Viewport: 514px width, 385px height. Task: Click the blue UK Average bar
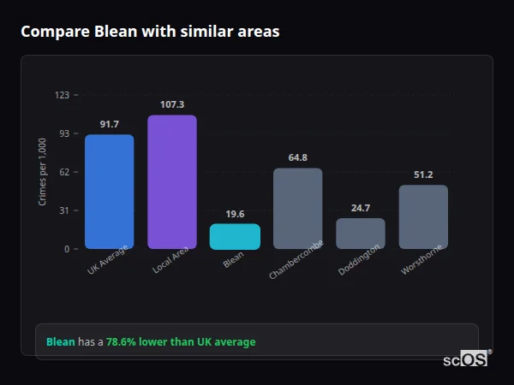click(109, 192)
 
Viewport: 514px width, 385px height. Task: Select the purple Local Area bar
click(171, 182)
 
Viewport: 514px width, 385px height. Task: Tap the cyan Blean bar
click(235, 237)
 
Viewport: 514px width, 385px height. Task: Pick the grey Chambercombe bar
click(297, 209)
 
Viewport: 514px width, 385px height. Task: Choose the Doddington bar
click(360, 234)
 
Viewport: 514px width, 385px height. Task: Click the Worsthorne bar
click(423, 217)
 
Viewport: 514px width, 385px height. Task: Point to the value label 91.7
click(109, 125)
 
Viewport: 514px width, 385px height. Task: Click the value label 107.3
click(171, 105)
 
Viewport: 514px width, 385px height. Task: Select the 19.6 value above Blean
click(235, 214)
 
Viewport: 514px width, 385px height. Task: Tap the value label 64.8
click(297, 158)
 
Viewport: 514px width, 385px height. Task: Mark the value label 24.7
click(360, 208)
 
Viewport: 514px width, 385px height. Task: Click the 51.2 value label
click(423, 175)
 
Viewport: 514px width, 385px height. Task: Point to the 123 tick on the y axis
click(62, 95)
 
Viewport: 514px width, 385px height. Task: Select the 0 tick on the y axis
click(66, 249)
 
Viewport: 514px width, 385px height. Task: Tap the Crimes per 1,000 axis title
click(43, 172)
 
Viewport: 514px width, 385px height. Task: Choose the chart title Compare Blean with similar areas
click(150, 32)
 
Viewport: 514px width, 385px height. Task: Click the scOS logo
click(466, 360)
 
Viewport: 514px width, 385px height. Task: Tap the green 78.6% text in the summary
click(122, 342)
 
